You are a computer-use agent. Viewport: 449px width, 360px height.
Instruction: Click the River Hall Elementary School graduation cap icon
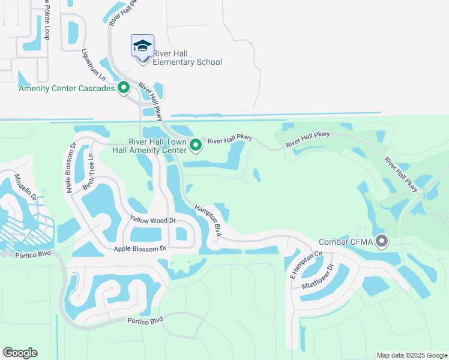pyautogui.click(x=143, y=46)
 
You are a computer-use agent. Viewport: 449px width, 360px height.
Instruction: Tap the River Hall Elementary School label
pyautogui.click(x=187, y=58)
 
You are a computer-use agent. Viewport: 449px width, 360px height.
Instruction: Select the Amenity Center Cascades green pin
pyautogui.click(x=124, y=88)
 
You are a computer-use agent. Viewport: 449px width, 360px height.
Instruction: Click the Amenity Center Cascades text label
pyautogui.click(x=67, y=88)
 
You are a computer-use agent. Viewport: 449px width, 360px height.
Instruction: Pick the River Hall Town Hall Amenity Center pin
pyautogui.click(x=196, y=145)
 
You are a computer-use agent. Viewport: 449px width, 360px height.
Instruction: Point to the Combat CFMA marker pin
pyautogui.click(x=382, y=242)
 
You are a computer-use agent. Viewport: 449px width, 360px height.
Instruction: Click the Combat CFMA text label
pyautogui.click(x=346, y=242)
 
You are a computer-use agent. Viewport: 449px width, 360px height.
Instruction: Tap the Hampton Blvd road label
pyautogui.click(x=208, y=221)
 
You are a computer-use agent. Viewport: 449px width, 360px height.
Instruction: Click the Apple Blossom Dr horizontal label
pyautogui.click(x=139, y=248)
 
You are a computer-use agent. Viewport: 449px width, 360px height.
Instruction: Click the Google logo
pyautogui.click(x=20, y=353)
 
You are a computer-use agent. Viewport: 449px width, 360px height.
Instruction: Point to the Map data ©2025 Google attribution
pyautogui.click(x=412, y=355)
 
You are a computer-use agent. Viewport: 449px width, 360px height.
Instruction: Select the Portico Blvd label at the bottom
pyautogui.click(x=145, y=320)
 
